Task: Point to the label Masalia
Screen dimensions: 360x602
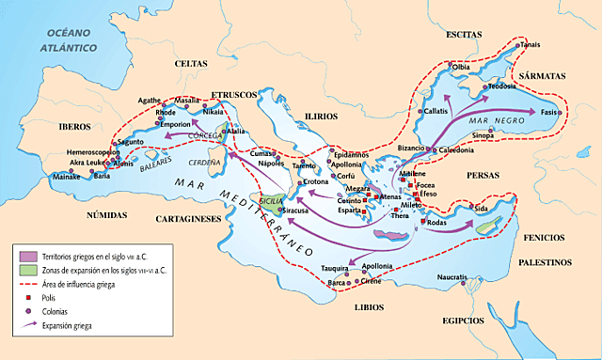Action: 187,100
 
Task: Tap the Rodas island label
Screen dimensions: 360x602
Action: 436,223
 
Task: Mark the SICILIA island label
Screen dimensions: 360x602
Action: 270,200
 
